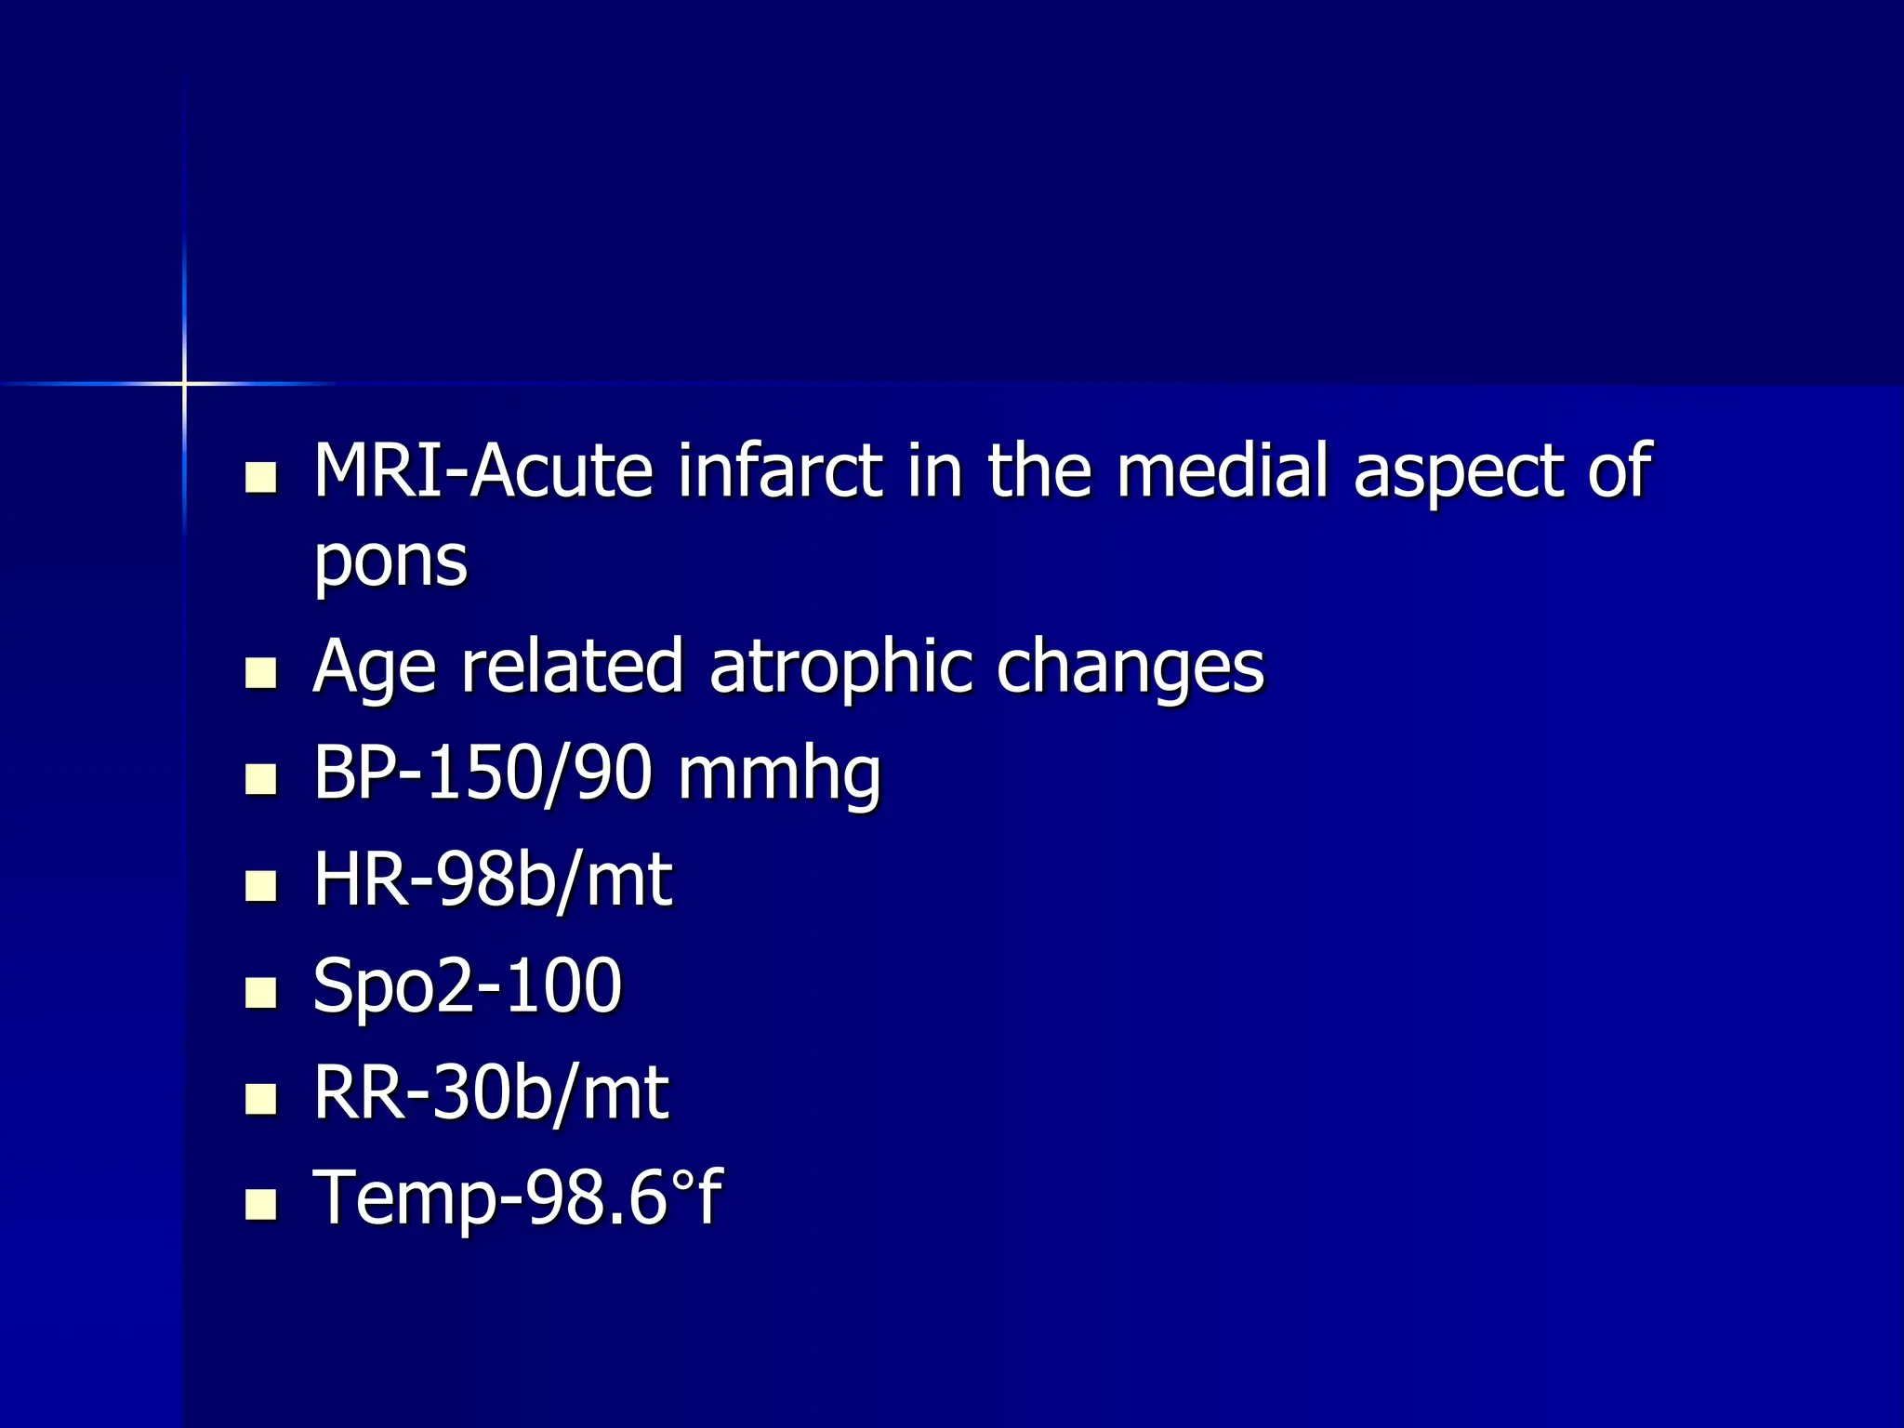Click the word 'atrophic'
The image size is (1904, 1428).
840,668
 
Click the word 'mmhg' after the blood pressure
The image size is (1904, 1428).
779,775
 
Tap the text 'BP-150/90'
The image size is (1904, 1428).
483,773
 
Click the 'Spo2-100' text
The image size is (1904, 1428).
467,985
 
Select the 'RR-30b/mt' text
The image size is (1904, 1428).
491,1092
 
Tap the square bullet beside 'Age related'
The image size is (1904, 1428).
261,673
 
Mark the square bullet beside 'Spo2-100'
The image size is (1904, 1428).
261,992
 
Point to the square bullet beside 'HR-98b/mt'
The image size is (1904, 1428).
261,886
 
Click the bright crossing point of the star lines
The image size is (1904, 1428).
184,383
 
